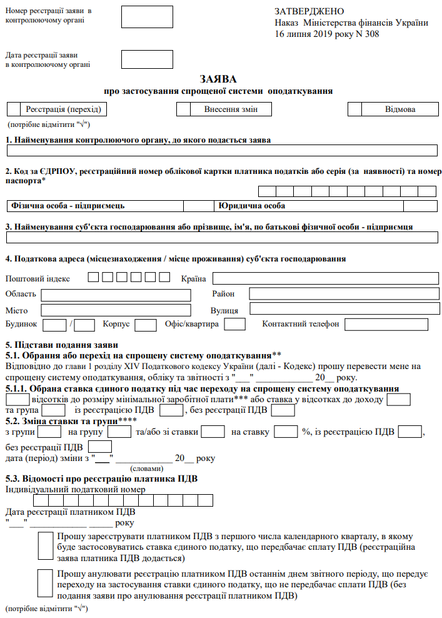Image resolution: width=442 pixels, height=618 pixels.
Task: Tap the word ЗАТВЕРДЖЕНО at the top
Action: coord(309,11)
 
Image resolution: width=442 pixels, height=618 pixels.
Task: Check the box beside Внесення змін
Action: coord(183,109)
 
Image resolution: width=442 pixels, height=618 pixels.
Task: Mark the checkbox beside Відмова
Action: coord(354,109)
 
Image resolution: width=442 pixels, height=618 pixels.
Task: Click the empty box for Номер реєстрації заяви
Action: coord(142,17)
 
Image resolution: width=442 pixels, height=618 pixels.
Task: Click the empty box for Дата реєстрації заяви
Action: coord(142,59)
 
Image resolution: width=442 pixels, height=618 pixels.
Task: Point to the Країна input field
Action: coord(323,278)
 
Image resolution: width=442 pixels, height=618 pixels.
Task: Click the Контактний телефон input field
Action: coord(386,324)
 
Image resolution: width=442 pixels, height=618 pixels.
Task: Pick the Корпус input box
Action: coord(146,325)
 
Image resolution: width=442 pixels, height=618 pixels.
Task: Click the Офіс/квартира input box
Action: coord(234,324)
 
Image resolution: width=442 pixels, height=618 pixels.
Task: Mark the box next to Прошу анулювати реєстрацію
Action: coord(46,584)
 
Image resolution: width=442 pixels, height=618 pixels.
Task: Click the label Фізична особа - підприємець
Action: coord(68,205)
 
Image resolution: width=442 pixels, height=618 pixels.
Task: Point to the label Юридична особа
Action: coord(252,205)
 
